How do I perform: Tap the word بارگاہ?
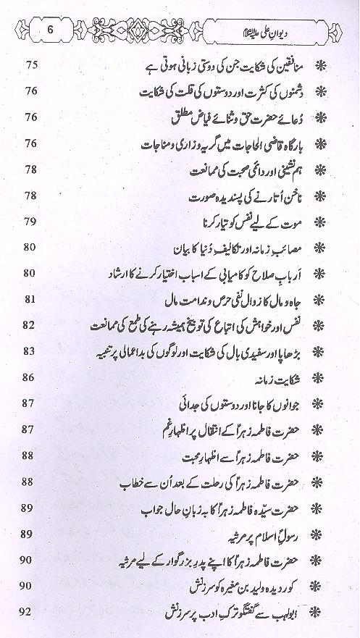(292, 144)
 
